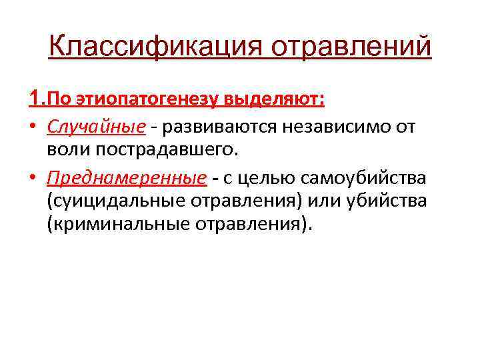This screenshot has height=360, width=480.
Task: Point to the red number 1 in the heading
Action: [35, 99]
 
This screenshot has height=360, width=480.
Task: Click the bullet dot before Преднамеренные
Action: [34, 178]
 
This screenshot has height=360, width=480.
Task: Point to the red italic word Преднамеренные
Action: [126, 178]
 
